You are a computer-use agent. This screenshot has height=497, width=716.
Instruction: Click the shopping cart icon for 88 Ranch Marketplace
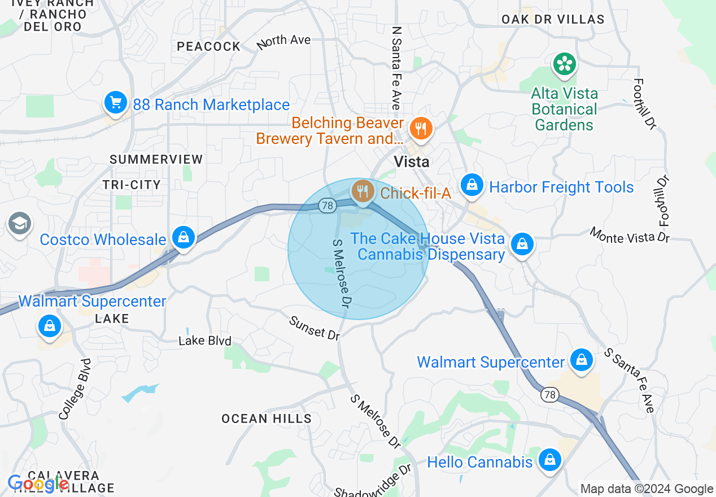tap(116, 103)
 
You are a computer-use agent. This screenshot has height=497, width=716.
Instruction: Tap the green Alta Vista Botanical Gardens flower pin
tap(564, 64)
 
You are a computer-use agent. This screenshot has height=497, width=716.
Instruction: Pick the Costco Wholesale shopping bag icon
tap(184, 238)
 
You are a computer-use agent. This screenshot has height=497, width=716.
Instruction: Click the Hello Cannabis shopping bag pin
tap(549, 460)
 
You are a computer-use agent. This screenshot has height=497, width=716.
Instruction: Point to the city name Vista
tap(411, 162)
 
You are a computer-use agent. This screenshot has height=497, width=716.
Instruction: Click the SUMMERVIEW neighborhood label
tap(156, 159)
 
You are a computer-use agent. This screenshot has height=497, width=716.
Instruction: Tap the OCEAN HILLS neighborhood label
tap(267, 418)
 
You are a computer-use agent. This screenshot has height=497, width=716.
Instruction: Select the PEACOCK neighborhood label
tap(209, 46)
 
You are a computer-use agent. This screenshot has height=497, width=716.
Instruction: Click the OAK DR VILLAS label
tap(553, 19)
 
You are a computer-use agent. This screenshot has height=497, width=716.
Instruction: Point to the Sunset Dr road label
tap(315, 328)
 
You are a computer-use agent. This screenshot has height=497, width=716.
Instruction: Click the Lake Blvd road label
tap(205, 341)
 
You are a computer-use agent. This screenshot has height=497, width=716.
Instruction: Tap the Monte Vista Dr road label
tap(630, 234)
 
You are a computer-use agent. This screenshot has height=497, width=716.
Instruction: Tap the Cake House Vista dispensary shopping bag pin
tap(522, 245)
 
